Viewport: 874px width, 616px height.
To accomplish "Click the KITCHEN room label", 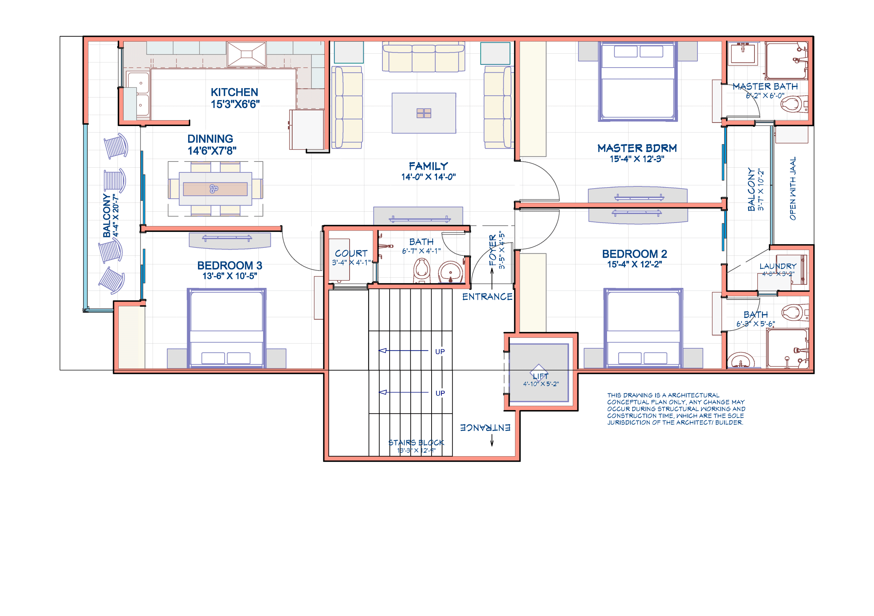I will (234, 92).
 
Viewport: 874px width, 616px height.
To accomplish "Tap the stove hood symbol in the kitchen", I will (246, 54).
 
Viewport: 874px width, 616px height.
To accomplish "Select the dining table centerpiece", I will (214, 188).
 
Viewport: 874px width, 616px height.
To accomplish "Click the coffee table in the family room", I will (424, 113).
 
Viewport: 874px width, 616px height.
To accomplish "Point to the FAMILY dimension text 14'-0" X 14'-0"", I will (428, 177).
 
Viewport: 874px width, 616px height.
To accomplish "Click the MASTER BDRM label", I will (637, 148).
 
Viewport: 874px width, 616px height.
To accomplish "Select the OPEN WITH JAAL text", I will (792, 188).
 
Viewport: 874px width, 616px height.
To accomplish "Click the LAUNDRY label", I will (778, 266).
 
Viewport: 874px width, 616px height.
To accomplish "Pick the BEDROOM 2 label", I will (634, 254).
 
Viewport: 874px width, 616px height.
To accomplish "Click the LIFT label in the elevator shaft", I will (540, 377).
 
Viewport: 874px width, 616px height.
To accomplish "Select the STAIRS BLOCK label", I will (416, 443).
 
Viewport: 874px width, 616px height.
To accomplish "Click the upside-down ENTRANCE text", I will (485, 428).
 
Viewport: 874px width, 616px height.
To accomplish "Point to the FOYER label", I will (493, 250).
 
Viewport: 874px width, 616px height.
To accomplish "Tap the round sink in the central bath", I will (450, 272).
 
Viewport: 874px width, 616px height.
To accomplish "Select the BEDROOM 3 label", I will (229, 265).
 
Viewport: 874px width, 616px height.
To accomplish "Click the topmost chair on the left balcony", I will (116, 146).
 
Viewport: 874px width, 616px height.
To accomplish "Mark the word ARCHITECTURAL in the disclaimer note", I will (693, 395).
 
